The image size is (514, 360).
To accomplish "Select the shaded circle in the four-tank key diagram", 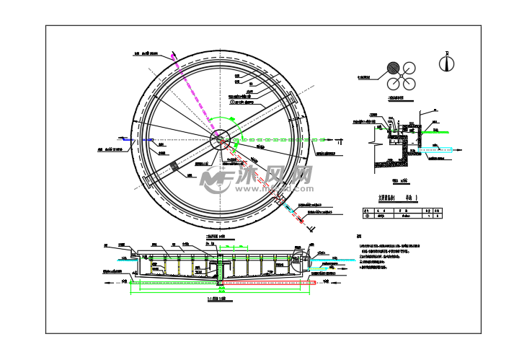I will [394, 69].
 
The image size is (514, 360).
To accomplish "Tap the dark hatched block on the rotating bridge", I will [174, 167].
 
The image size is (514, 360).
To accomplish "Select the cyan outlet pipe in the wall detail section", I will [439, 151].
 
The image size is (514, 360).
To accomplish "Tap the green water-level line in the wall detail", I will [436, 132].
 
